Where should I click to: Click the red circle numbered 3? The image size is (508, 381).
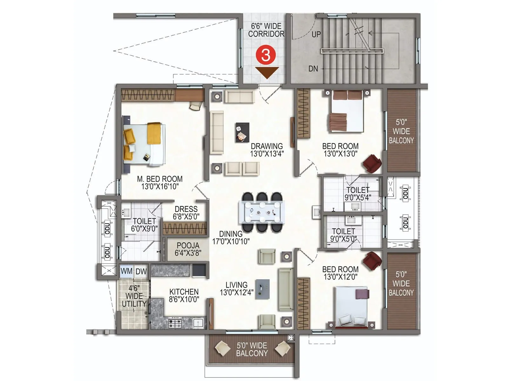[265, 55]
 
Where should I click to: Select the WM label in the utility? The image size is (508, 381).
[126, 271]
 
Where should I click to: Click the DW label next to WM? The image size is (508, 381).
[141, 271]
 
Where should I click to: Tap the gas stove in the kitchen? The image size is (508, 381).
[175, 324]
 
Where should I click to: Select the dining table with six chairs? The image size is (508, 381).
[262, 212]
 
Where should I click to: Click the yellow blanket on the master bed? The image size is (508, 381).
[154, 133]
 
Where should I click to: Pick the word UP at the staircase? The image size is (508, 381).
[316, 34]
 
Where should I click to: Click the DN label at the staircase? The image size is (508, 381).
[313, 69]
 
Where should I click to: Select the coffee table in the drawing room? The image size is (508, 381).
[242, 132]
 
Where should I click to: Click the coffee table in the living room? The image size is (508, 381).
[262, 289]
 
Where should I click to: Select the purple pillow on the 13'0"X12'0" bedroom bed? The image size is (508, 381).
[362, 294]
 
